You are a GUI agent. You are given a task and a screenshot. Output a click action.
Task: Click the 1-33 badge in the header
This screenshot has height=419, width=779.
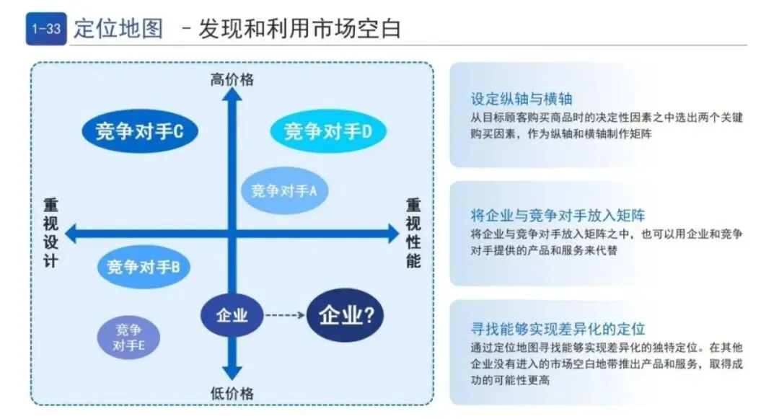point(45,30)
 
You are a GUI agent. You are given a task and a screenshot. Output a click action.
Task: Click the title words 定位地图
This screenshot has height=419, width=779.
point(118,29)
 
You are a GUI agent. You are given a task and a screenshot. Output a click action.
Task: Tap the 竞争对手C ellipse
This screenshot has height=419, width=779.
point(138,132)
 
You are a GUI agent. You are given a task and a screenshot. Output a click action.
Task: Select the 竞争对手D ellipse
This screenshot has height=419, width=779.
point(328,132)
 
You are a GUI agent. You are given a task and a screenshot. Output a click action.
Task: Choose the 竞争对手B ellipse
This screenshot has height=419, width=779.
point(143,267)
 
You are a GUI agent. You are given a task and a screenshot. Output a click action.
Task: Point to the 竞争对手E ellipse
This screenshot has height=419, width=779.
point(129,338)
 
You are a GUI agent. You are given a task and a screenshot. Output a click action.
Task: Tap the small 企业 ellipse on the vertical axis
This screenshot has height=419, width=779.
point(232,315)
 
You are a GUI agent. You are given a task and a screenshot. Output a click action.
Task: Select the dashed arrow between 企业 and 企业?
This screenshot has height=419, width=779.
point(282,315)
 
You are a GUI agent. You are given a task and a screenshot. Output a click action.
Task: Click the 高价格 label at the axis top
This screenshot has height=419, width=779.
point(232,79)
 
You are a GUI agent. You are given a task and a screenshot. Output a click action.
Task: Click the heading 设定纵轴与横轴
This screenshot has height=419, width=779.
point(521,99)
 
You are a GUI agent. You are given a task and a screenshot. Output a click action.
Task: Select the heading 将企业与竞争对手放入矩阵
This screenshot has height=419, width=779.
point(558,215)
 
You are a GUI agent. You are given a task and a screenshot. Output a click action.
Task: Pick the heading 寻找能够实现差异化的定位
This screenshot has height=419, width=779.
point(558,330)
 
